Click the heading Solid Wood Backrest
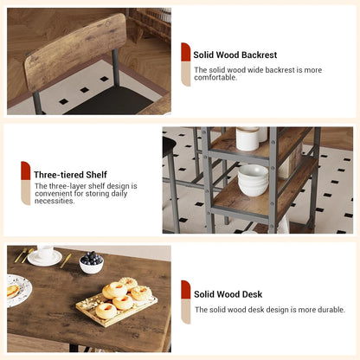click(235, 55)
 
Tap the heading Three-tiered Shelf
click(70, 175)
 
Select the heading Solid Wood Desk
click(228, 294)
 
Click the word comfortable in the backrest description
click(215, 77)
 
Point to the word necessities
click(55, 201)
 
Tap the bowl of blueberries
click(91, 262)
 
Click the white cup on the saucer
click(45, 252)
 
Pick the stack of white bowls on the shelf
click(253, 180)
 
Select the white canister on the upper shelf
click(247, 138)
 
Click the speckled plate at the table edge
click(18, 290)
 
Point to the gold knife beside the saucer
click(66, 260)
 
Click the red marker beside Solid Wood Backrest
click(186, 52)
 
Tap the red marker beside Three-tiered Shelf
click(26, 170)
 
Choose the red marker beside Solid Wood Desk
click(186, 290)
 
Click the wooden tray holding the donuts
click(117, 310)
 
